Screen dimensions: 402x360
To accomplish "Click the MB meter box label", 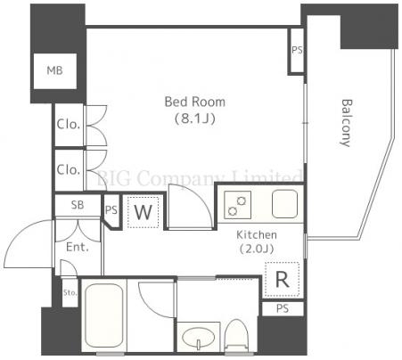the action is [55, 70].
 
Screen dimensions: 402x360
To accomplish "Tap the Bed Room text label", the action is [195, 102].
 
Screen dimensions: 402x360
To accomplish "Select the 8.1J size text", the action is [195, 119].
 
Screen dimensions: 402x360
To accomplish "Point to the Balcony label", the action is [346, 123].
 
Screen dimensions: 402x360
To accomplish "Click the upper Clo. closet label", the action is [69, 124].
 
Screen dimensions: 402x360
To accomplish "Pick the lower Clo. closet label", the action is [69, 169].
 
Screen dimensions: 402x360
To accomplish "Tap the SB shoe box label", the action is [78, 205].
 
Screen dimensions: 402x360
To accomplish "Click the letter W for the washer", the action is [144, 212].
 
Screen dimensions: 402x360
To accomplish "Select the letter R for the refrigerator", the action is [282, 279].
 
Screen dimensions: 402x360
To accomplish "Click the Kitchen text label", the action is [257, 235].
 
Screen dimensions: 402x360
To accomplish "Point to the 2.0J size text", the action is [257, 249].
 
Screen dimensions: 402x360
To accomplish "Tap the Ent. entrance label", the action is [78, 247].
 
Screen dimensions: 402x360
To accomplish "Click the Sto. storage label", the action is [70, 293].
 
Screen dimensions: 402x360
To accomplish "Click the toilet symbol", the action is [237, 336].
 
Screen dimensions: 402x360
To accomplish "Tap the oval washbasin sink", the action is [199, 337].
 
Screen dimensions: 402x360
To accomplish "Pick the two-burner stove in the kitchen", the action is [238, 205].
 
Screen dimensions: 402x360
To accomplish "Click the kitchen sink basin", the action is [284, 204].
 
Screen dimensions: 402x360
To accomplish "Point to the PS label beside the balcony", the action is [297, 50].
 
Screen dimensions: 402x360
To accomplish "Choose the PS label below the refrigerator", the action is [283, 308].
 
